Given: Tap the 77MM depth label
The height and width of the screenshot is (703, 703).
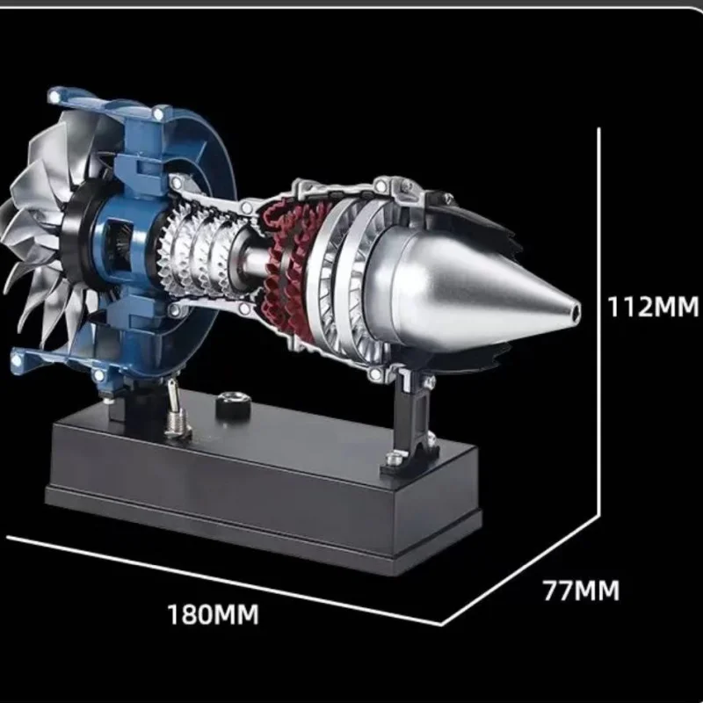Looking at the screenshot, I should tap(580, 590).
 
